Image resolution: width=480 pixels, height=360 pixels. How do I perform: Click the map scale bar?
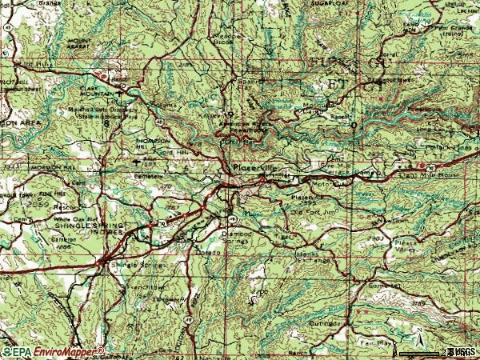[x=432, y=350]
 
